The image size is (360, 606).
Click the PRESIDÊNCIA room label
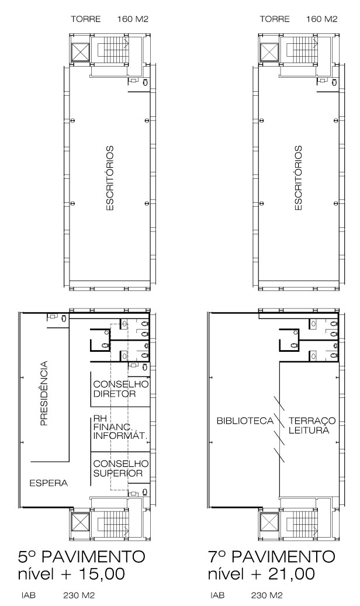(x=44, y=393)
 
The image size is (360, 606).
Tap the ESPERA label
(x=49, y=483)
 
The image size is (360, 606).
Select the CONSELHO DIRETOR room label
(x=120, y=389)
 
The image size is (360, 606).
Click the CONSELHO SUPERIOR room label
(x=120, y=468)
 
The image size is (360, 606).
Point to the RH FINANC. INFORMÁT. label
(x=120, y=427)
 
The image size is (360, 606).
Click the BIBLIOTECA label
(x=245, y=421)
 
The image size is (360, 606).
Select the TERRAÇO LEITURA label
(x=311, y=425)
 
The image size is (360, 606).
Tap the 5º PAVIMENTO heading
(x=82, y=557)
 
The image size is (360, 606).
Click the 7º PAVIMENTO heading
(x=271, y=557)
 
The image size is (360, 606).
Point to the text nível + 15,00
(x=71, y=573)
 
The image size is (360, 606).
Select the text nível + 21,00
(x=261, y=573)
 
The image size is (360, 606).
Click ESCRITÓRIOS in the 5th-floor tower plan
(x=110, y=178)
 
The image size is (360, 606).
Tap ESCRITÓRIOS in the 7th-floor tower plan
(x=299, y=178)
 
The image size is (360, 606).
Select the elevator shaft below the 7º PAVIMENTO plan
(x=269, y=522)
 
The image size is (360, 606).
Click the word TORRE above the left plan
(x=85, y=19)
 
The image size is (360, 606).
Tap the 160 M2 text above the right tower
(x=321, y=19)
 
